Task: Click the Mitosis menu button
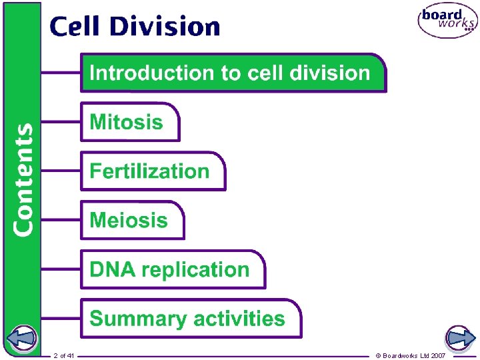(130, 122)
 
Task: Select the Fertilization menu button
(153, 171)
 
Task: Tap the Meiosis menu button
(132, 220)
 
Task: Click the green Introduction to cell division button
(233, 73)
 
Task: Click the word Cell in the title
(74, 27)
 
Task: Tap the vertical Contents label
(23, 179)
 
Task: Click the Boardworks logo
(447, 22)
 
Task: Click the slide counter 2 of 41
(64, 355)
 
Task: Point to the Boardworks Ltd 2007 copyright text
(411, 355)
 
